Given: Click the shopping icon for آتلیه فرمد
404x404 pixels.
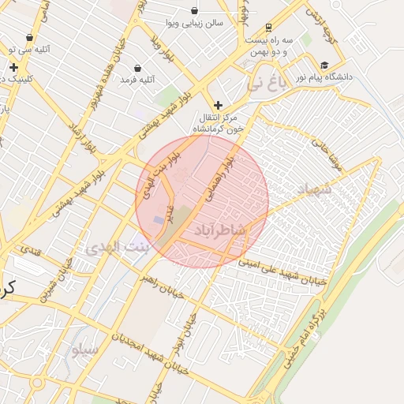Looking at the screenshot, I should pyautogui.click(x=139, y=68).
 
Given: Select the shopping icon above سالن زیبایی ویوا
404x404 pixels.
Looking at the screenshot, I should pyautogui.click(x=195, y=11).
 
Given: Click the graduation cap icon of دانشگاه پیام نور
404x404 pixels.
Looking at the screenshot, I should pyautogui.click(x=324, y=65).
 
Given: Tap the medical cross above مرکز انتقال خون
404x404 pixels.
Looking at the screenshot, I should pyautogui.click(x=219, y=105).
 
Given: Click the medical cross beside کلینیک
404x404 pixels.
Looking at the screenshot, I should pyautogui.click(x=13, y=68).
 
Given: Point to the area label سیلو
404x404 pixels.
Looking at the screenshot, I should pyautogui.click(x=84, y=348).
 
